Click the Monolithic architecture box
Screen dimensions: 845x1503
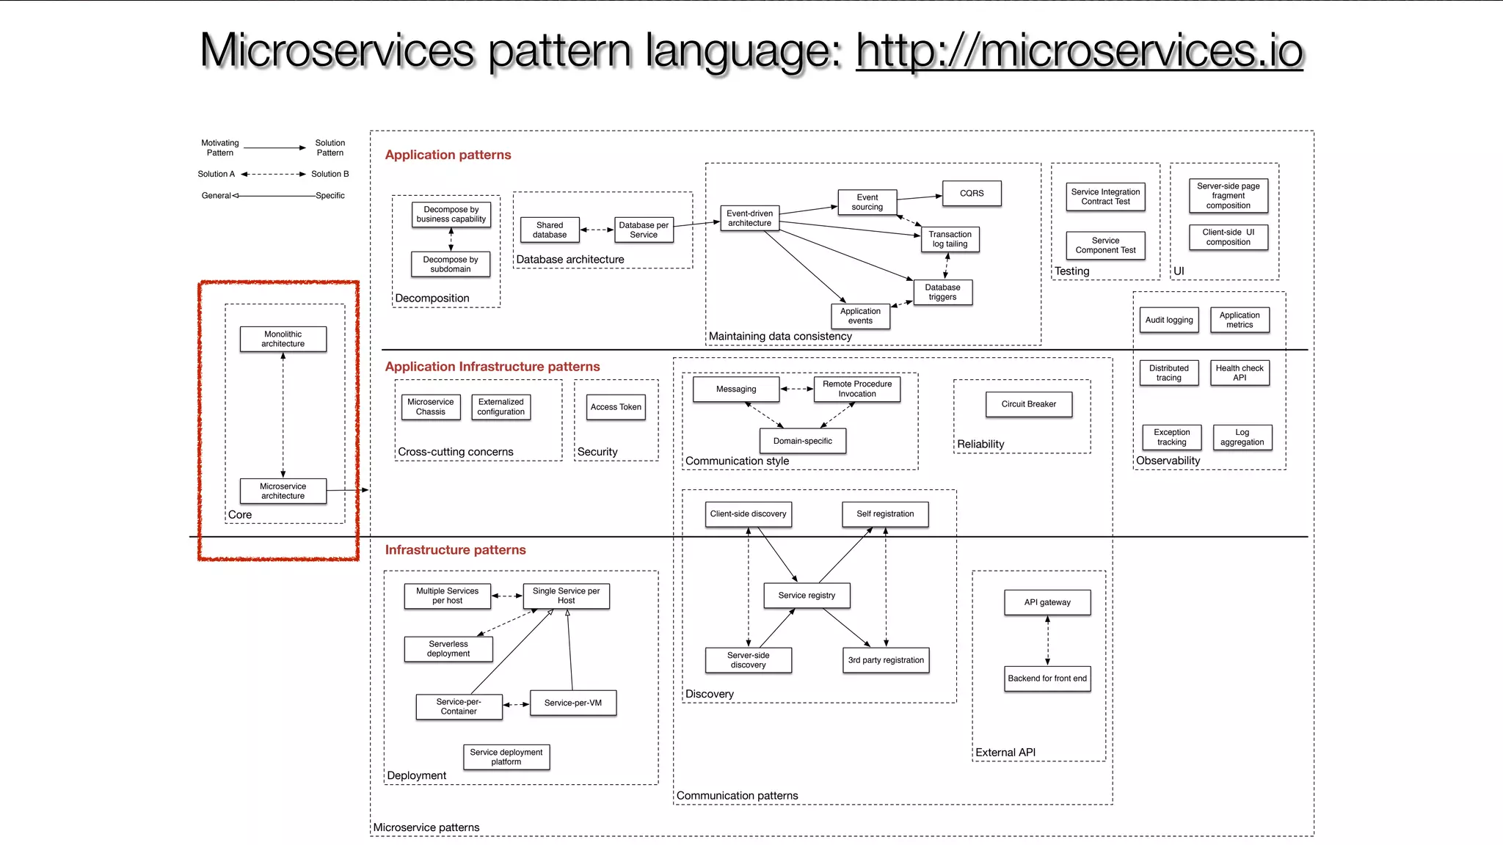[x=283, y=339]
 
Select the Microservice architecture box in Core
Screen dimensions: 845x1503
[x=283, y=491]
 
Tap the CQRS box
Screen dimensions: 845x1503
[x=971, y=193]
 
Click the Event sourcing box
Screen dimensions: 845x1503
[x=867, y=202]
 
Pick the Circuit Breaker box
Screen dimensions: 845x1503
[x=1028, y=404]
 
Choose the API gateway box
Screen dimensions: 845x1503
[x=1047, y=602]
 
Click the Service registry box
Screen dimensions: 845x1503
[x=807, y=595]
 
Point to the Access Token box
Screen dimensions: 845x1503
[x=616, y=406]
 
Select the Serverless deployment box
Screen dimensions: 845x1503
[x=448, y=648]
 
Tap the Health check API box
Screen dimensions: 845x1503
[x=1239, y=373]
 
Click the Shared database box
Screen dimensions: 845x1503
[x=550, y=230]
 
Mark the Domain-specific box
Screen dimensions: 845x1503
[x=802, y=441]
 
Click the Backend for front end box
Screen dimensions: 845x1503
[x=1047, y=678]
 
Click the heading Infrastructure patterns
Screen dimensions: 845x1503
[x=455, y=549]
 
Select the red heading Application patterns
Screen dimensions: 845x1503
[x=448, y=155]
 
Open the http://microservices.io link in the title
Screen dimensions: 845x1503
[x=1079, y=51]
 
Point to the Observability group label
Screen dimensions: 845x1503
[x=1168, y=461]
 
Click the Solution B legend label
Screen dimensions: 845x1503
[x=330, y=174]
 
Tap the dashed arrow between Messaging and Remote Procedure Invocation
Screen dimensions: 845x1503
[x=796, y=389]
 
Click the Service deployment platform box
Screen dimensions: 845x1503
[x=506, y=757]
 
